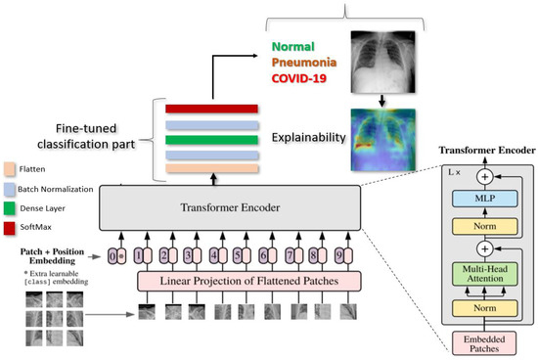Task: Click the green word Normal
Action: [299, 45]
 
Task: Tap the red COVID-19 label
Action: [306, 78]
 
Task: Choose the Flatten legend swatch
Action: [11, 167]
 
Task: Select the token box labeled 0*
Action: [116, 257]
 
